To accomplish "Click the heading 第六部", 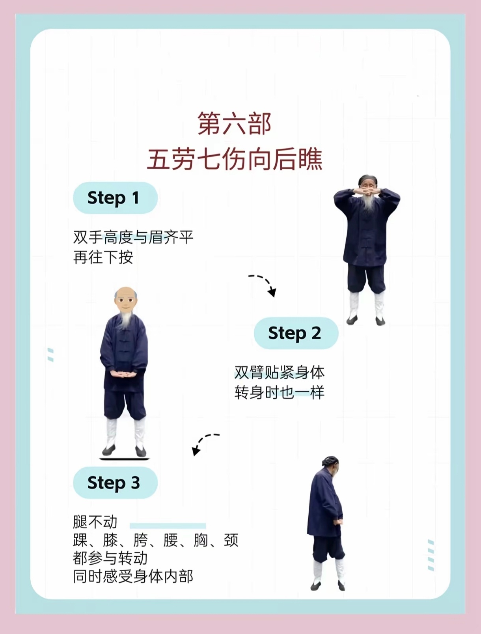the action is click(x=235, y=124).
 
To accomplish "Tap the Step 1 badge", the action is click(x=115, y=198).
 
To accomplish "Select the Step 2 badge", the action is click(x=296, y=333).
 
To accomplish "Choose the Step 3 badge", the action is click(x=115, y=483).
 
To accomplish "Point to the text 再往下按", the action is click(x=103, y=257).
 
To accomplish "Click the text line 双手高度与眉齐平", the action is click(x=133, y=237).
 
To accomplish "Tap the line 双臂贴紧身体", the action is click(x=280, y=373).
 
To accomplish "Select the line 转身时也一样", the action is click(x=280, y=392).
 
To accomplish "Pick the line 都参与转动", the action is click(x=110, y=558).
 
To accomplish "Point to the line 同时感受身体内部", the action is click(x=133, y=576).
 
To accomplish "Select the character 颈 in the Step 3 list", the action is click(x=231, y=540).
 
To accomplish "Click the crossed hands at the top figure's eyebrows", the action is click(x=367, y=192).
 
